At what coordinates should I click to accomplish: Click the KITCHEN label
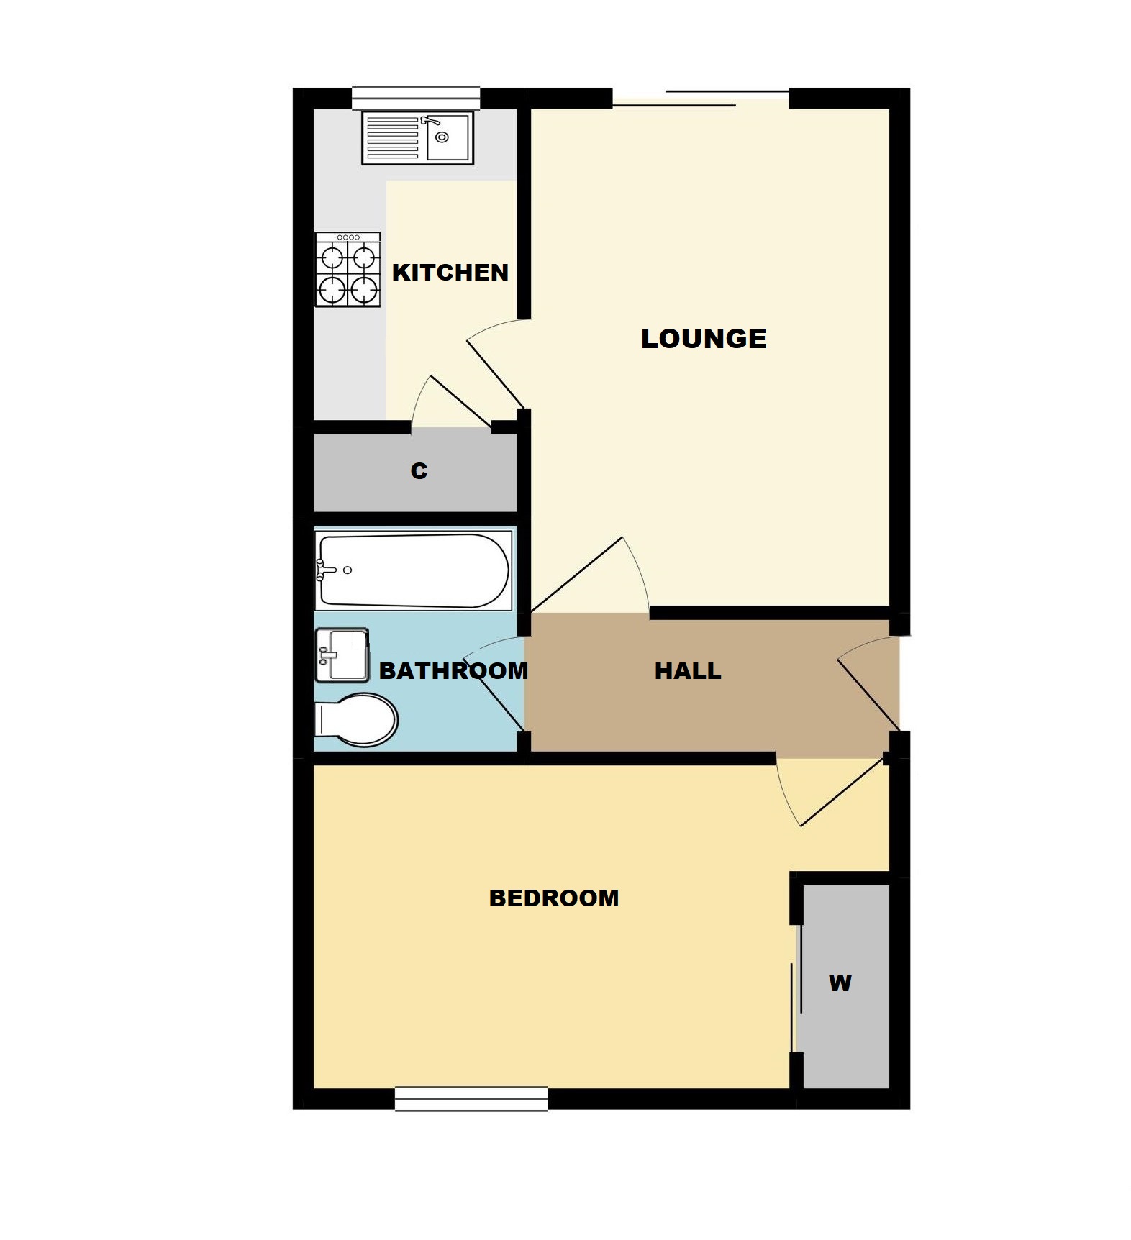[450, 272]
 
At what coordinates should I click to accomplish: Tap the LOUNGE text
[704, 338]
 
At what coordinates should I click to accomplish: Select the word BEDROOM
[554, 898]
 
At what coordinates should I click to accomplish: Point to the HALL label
[688, 671]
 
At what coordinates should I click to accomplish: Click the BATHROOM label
[453, 671]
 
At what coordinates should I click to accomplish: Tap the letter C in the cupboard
[419, 470]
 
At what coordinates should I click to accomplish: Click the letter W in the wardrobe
[840, 983]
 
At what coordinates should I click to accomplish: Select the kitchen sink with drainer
[417, 137]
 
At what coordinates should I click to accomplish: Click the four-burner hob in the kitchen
[348, 269]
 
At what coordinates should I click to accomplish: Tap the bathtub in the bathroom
[413, 570]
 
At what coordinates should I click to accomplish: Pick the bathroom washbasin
[342, 655]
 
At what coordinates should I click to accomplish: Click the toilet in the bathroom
[356, 719]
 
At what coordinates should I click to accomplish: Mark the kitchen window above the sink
[416, 98]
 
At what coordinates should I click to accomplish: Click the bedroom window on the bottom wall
[471, 1099]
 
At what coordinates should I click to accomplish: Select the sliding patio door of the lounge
[701, 99]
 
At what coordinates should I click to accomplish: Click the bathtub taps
[324, 570]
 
